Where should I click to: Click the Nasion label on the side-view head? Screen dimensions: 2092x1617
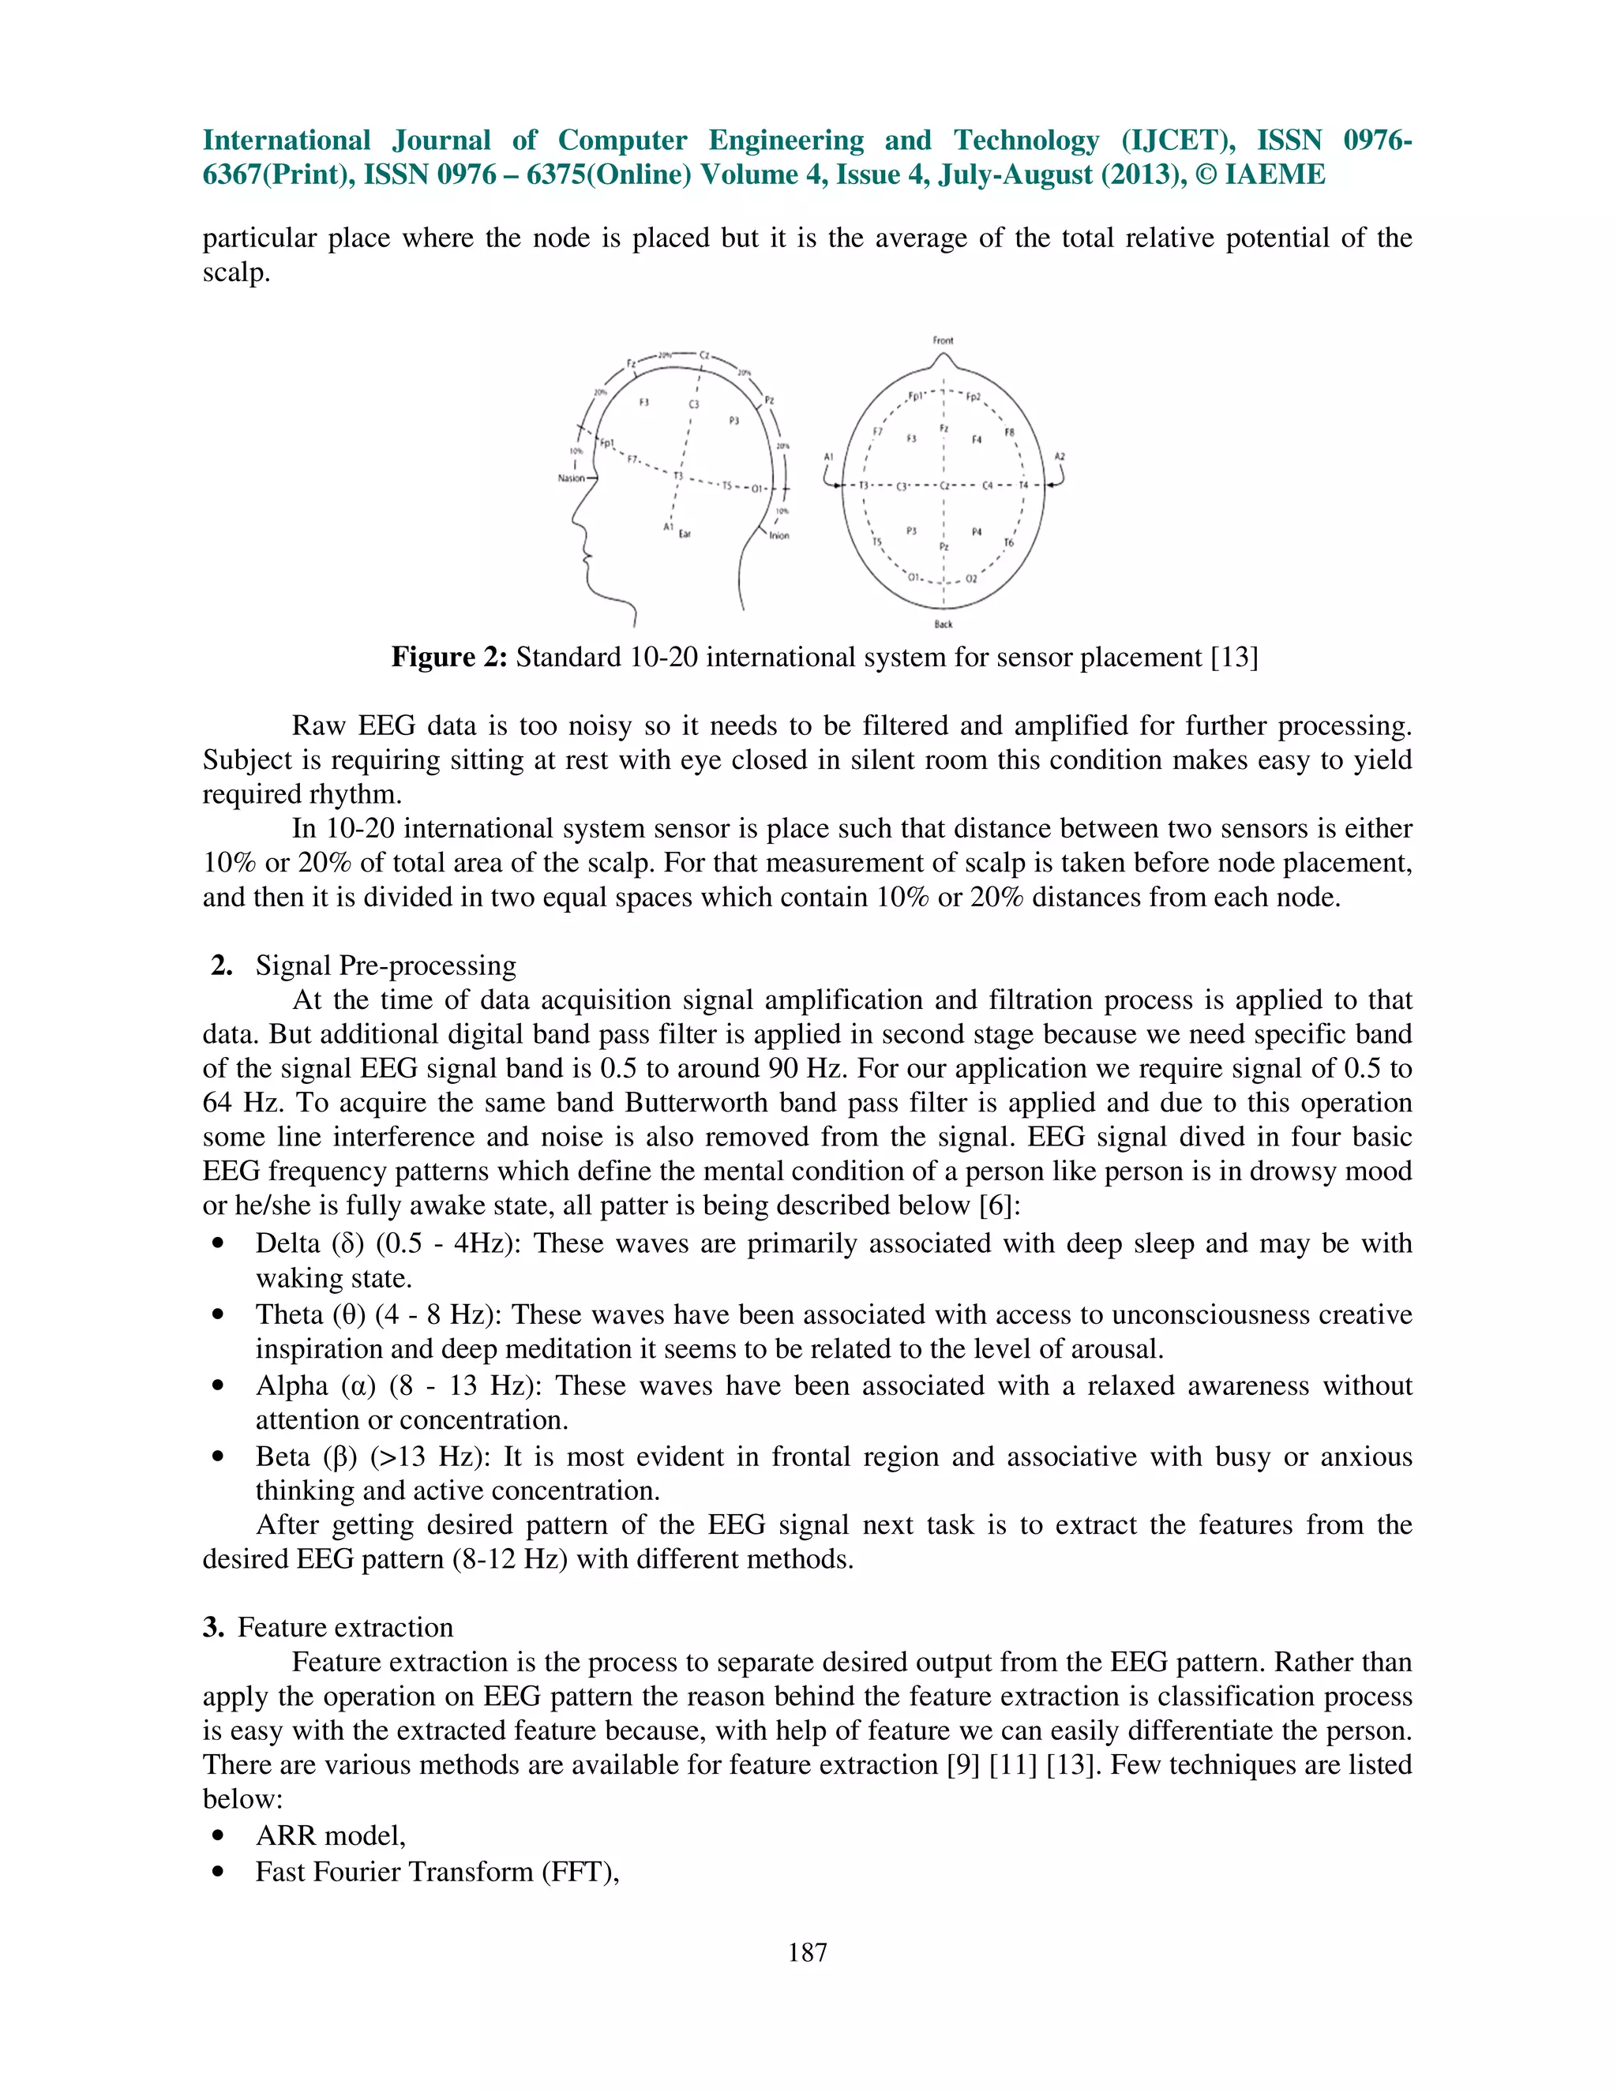571,478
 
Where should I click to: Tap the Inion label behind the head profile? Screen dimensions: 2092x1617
778,535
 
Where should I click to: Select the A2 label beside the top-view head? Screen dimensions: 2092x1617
1060,457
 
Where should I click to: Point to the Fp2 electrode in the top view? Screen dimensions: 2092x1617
974,396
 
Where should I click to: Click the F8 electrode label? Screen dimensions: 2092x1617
1009,433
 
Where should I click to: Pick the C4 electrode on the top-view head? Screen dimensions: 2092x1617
988,486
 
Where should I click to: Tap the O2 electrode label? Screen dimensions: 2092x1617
971,579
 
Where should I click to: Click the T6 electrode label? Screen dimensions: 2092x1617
1007,543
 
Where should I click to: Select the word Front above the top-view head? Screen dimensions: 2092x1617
943,340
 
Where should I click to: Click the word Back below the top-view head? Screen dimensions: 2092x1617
944,624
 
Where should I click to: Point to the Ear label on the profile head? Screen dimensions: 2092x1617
685,534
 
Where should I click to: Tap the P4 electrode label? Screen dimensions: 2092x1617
976,531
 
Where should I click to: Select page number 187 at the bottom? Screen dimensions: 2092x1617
808,1952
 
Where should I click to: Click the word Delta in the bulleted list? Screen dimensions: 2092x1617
289,1243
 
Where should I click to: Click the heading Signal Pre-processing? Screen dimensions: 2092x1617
385,965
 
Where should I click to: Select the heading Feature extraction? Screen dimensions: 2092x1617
345,1628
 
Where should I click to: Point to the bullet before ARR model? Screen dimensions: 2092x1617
219,1836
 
